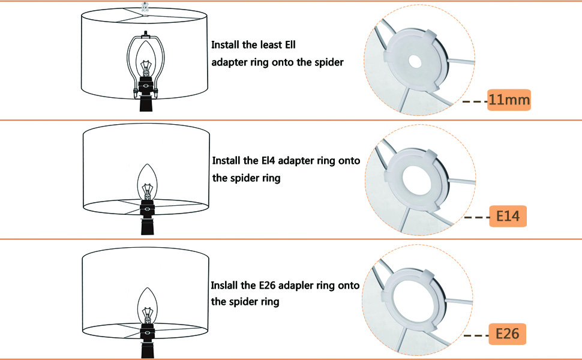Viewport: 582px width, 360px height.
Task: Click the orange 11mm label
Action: (509, 100)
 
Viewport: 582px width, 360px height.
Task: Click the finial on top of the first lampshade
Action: (145, 7)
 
